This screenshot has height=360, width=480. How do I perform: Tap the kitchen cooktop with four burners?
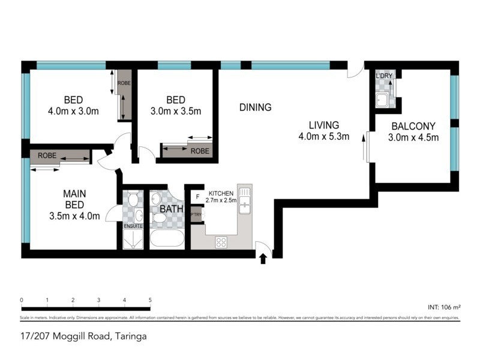pyautogui.click(x=221, y=242)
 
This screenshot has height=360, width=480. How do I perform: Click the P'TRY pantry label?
pyautogui.click(x=196, y=214)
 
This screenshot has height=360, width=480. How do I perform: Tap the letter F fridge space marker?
pyautogui.click(x=196, y=196)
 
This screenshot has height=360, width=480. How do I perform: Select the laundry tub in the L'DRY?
pyautogui.click(x=382, y=100)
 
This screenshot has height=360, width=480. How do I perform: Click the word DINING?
pyautogui.click(x=255, y=107)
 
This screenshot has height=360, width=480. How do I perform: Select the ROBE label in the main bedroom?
pyautogui.click(x=47, y=155)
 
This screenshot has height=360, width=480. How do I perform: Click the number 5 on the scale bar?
pyautogui.click(x=150, y=300)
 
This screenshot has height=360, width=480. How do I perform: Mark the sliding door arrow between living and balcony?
pyautogui.click(x=364, y=147)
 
